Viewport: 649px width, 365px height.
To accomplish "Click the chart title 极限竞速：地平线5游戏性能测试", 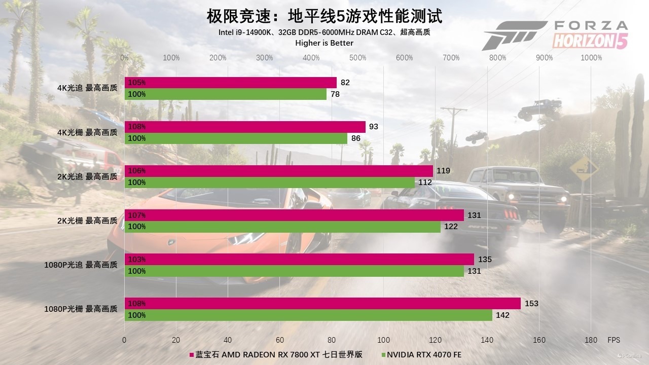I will point(324,16).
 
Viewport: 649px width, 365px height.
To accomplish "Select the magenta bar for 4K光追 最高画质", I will point(231,83).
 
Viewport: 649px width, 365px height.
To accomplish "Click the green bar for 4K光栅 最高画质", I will point(236,138).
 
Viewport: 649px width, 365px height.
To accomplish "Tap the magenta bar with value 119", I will point(279,171).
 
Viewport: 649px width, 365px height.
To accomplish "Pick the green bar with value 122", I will point(282,227).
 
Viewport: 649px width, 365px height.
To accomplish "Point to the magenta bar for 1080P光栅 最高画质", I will point(322,303).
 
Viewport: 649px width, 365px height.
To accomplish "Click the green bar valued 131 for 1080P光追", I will point(294,271).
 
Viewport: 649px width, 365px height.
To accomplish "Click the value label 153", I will point(531,303).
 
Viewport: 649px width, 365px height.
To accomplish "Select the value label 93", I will point(374,127).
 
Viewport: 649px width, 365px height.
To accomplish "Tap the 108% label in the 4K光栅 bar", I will point(137,127).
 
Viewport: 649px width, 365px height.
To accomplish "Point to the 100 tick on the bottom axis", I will point(384,340).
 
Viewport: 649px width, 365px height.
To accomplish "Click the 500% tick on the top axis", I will point(358,58).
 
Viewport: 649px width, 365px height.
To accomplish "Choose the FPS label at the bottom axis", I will point(614,340).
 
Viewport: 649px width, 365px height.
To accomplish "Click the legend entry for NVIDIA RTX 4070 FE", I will point(421,354).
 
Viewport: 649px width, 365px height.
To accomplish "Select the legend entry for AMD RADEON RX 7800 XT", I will point(276,354).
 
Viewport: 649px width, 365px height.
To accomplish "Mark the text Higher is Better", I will point(324,43).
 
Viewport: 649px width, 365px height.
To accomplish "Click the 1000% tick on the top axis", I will point(591,58).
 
